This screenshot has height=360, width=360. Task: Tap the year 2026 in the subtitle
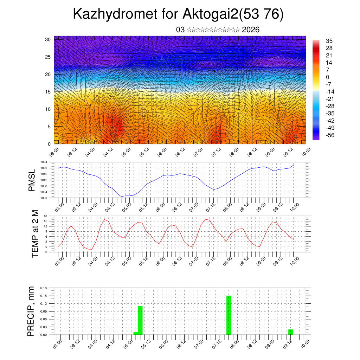click(x=251, y=30)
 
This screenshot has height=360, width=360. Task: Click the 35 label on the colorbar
click(x=329, y=41)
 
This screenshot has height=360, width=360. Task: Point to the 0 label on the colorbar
click(x=328, y=77)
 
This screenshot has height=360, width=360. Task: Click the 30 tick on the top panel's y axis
click(x=48, y=39)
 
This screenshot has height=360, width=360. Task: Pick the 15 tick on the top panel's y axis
click(x=48, y=92)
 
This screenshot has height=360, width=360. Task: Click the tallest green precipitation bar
click(x=229, y=315)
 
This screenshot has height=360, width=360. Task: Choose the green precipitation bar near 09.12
click(x=290, y=332)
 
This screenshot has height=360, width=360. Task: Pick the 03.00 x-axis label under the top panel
click(x=55, y=152)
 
